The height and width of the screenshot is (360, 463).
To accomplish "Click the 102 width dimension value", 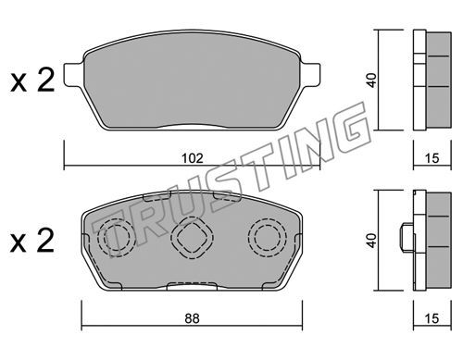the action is pyautogui.click(x=192, y=158).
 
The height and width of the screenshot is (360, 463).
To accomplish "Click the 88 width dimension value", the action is pyautogui.click(x=192, y=318).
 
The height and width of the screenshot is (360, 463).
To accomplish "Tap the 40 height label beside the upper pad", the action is pyautogui.click(x=372, y=81).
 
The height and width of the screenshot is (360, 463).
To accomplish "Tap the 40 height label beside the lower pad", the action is pyautogui.click(x=372, y=241).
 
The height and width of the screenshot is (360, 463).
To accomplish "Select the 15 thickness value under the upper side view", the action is pyautogui.click(x=432, y=158).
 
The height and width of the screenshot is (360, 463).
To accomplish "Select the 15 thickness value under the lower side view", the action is pyautogui.click(x=432, y=318).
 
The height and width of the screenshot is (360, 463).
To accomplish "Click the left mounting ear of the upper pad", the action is pyautogui.click(x=73, y=74).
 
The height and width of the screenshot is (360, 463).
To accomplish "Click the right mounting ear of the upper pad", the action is pyautogui.click(x=311, y=74).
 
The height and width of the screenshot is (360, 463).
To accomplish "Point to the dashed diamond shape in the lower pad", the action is pyautogui.click(x=192, y=238).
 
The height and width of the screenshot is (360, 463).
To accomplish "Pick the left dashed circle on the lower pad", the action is pyautogui.click(x=117, y=238).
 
